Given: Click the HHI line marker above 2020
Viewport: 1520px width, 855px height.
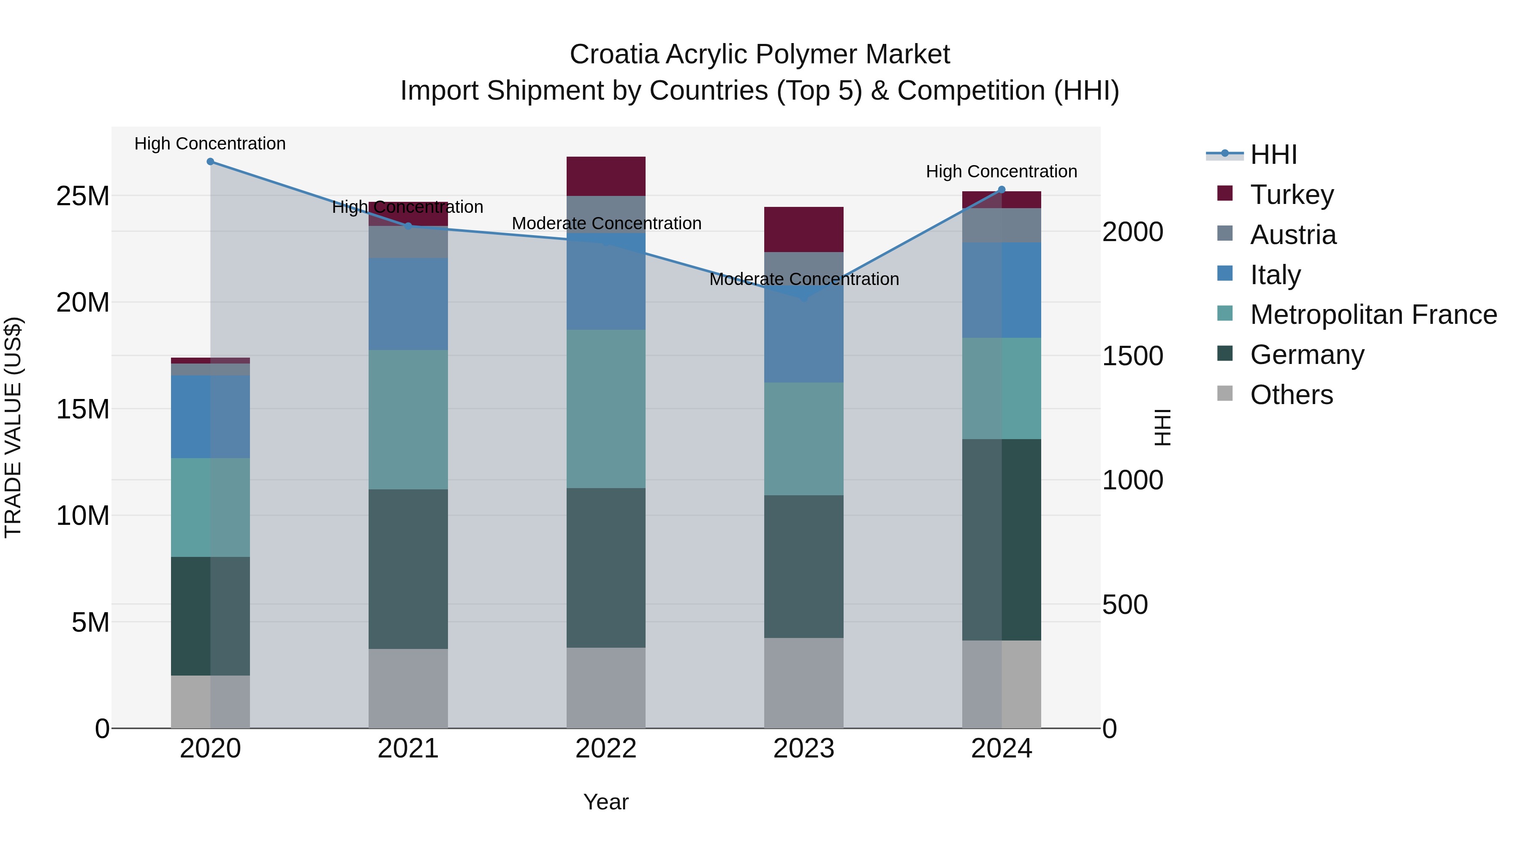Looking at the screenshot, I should click(210, 162).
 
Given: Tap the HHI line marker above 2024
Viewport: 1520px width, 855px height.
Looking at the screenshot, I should click(1002, 190).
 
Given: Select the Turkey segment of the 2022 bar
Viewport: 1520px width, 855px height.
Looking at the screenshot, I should click(606, 176).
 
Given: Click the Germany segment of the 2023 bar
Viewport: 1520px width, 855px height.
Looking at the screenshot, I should click(803, 567).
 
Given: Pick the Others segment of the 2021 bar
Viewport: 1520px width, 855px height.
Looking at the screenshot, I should click(408, 688).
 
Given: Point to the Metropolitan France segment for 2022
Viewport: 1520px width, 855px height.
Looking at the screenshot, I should click(606, 408).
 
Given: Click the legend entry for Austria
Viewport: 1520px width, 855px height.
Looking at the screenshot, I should click(1292, 235).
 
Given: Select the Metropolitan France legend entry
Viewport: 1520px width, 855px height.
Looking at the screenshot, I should click(1373, 315).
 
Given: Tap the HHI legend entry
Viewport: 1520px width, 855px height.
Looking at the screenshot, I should click(1273, 155).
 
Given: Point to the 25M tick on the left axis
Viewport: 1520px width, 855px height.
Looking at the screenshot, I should click(83, 196).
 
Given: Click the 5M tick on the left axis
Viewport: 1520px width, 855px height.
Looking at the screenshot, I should click(90, 622).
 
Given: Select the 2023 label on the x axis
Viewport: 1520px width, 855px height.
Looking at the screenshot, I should click(803, 749).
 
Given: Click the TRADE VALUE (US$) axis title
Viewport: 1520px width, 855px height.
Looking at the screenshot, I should click(13, 427).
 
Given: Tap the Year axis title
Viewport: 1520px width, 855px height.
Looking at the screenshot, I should click(606, 802).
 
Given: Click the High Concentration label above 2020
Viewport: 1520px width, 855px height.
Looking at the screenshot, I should click(210, 144).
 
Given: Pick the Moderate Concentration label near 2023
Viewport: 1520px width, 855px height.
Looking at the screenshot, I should click(803, 279).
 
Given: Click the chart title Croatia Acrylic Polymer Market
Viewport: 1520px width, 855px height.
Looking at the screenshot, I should click(760, 54).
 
